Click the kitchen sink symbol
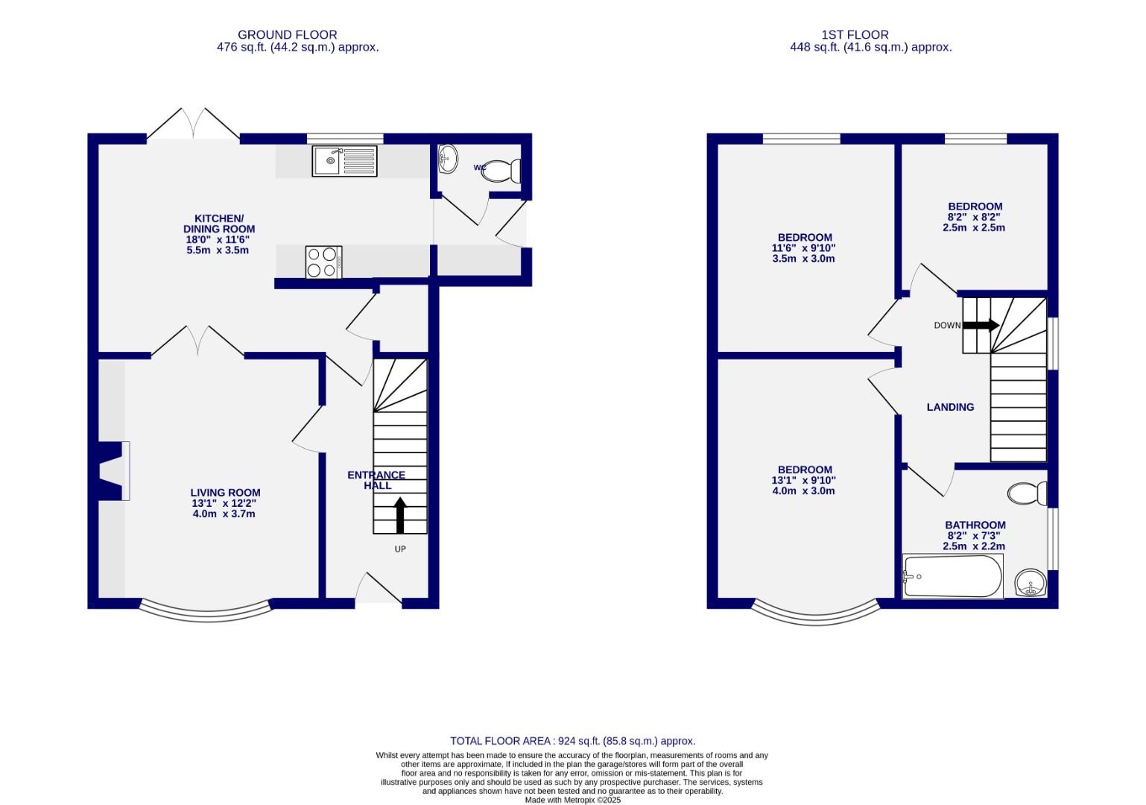tap(345, 161)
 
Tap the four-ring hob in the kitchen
tap(323, 262)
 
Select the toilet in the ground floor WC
tap(501, 171)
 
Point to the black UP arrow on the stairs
tap(400, 515)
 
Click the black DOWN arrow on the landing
tap(981, 326)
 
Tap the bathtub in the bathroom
tap(952, 576)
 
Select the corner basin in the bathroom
tap(1031, 583)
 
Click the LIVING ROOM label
tap(225, 493)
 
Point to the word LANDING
tap(950, 407)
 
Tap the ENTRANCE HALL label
tap(376, 480)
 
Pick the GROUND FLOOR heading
tap(287, 34)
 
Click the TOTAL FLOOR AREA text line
tap(572, 741)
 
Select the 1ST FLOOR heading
tap(855, 34)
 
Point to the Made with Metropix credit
tap(572, 800)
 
